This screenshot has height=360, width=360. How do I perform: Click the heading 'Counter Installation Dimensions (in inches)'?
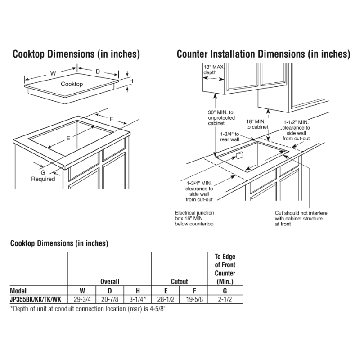click(263, 54)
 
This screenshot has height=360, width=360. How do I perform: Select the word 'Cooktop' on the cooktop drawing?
click(72, 84)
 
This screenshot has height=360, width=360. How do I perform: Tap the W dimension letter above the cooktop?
click(53, 73)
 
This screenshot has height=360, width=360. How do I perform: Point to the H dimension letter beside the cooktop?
click(131, 81)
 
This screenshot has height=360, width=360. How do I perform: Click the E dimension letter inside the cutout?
click(68, 139)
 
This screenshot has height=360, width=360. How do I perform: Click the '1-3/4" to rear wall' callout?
click(229, 137)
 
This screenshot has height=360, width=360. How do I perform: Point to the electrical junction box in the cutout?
click(238, 155)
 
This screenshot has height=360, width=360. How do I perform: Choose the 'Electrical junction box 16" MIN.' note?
click(194, 218)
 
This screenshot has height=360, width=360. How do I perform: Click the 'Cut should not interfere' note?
click(301, 218)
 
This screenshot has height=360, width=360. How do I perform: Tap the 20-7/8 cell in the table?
click(109, 299)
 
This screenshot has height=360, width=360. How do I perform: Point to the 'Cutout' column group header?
click(179, 282)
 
